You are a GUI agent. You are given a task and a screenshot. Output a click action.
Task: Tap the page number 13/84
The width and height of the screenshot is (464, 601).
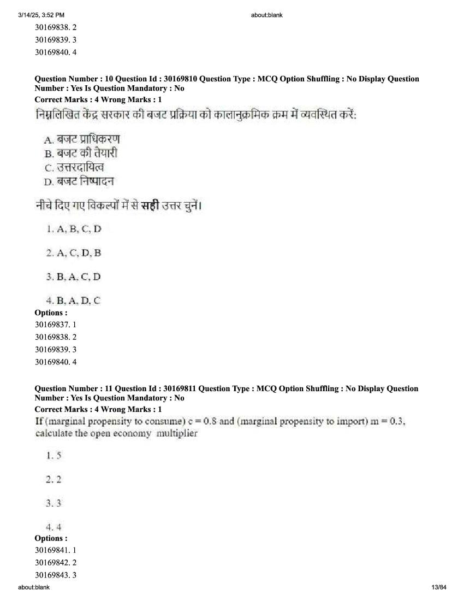point(438,587)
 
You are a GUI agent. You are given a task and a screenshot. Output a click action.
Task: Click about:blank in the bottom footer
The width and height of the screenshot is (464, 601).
point(33,587)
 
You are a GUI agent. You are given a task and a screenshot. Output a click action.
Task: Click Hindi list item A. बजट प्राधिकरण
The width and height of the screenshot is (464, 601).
point(82,139)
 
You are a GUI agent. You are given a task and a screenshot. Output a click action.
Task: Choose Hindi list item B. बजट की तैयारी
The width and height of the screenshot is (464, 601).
point(81,153)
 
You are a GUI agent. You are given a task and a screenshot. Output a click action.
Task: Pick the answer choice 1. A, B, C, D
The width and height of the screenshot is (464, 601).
point(74,229)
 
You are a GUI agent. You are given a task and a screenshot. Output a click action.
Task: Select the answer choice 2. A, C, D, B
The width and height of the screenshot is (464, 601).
point(74,252)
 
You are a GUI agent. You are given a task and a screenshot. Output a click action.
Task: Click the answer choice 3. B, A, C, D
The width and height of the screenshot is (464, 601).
point(74,276)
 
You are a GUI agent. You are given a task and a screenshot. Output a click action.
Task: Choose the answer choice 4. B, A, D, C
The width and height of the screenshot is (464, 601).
point(74,300)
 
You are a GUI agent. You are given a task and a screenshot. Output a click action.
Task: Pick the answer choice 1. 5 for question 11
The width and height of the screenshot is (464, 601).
point(53,455)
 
